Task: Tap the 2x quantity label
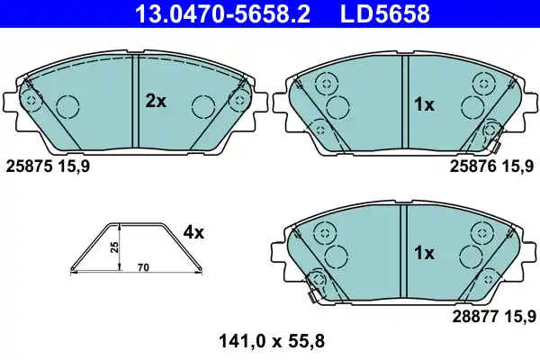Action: click(156, 102)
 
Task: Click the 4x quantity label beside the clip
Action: click(193, 232)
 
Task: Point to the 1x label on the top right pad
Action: click(424, 105)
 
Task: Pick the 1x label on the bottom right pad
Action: click(424, 253)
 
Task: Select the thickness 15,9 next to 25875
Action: click(73, 166)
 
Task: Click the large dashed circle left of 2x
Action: click(68, 107)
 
